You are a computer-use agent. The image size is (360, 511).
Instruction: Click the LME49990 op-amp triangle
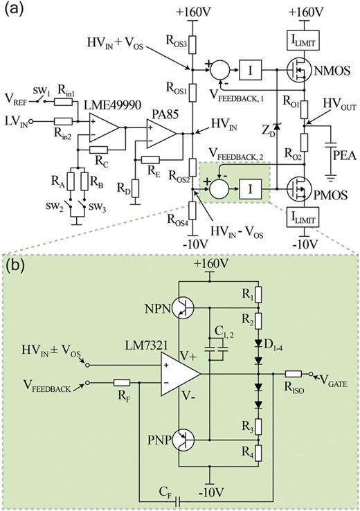[x=101, y=125]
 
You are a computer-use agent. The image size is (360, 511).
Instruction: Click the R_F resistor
[x=123, y=383]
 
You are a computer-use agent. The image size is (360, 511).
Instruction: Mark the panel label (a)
[x=16, y=10]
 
